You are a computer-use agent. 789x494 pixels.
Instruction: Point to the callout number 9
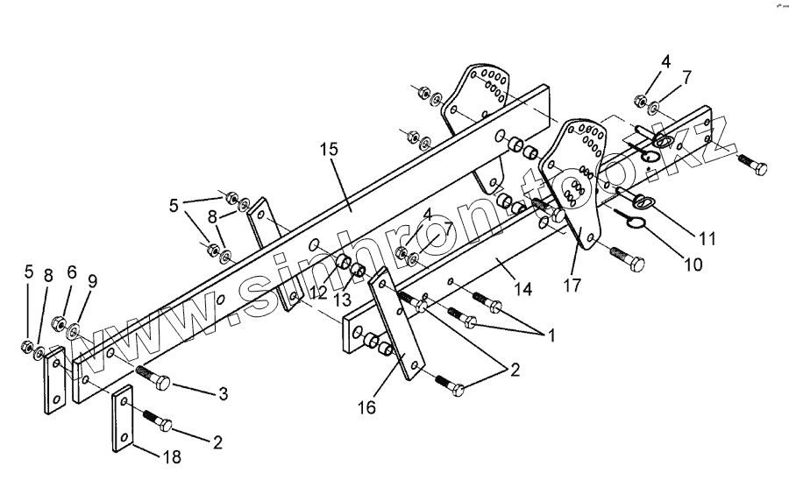tap(93, 282)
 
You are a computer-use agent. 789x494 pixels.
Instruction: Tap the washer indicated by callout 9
tap(75, 332)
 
